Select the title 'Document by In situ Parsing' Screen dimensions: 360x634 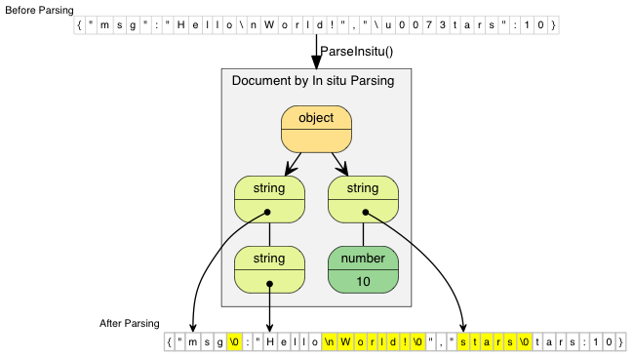pos(313,81)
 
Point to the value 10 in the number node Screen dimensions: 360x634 pos(364,281)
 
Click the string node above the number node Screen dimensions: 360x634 pos(364,198)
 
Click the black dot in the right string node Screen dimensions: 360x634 pos(365,212)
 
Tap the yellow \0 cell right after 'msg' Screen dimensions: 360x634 pos(234,342)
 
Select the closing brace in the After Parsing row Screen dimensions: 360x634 pos(619,342)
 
